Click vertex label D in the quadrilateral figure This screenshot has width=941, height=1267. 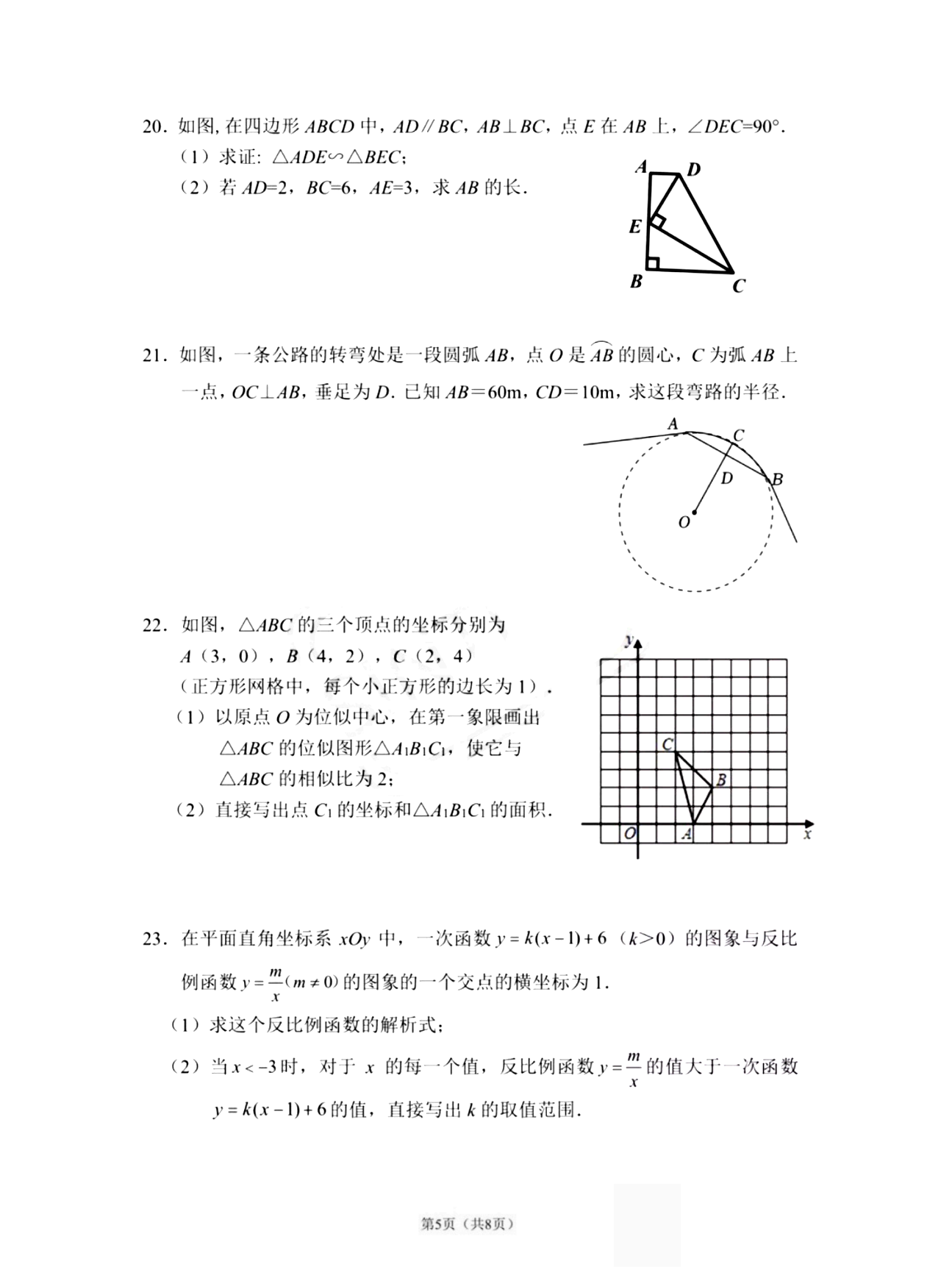tap(693, 170)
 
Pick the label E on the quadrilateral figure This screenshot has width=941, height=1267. tap(635, 226)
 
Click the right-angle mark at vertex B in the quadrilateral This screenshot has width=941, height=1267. tap(653, 263)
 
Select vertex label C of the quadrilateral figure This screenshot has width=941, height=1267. tap(739, 286)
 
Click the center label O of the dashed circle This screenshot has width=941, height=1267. tap(684, 522)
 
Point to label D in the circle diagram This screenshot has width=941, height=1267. tap(726, 479)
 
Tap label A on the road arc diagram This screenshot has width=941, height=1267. tap(672, 424)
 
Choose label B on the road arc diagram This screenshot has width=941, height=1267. tap(777, 479)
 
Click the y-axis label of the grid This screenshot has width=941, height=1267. tap(629, 640)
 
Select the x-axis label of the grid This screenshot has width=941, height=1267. tap(807, 835)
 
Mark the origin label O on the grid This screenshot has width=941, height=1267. tap(629, 834)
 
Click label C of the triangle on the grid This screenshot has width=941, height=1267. tap(668, 744)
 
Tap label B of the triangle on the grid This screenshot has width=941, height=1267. tap(721, 779)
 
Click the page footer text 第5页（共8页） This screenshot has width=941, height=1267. tap(466, 1224)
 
